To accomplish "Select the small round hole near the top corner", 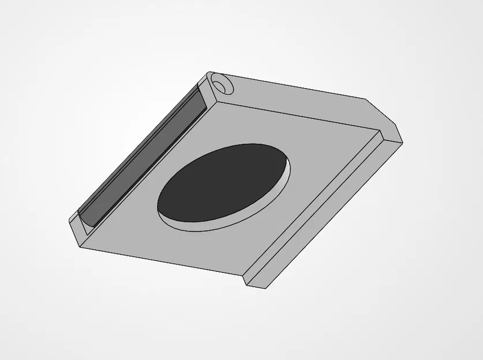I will (x=220, y=84).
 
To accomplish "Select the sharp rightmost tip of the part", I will (x=402, y=140).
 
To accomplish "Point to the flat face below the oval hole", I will (x=173, y=248).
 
